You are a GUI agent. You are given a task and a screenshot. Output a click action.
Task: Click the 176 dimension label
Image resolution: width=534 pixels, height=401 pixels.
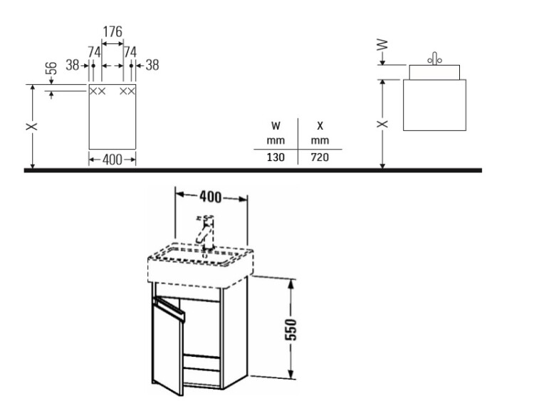[x=112, y=31]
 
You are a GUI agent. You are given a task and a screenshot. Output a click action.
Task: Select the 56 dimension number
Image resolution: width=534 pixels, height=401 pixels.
[x=51, y=68]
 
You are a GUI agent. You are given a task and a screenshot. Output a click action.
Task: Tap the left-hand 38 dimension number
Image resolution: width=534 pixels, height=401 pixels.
[x=72, y=65]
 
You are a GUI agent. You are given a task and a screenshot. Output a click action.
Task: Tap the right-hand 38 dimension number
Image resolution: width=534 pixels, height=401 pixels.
[x=152, y=65]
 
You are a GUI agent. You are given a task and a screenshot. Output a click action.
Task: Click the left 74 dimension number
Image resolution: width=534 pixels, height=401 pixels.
[x=94, y=52]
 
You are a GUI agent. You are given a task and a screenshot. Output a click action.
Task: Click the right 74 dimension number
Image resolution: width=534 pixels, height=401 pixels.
[x=130, y=52]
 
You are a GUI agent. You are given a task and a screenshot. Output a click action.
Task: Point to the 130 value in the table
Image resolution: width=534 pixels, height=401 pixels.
[x=276, y=157]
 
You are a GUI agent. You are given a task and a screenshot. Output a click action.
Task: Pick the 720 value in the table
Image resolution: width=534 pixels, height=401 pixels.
[x=320, y=157]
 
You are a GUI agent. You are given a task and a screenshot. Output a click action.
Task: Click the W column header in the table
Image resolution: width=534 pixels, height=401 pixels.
[x=276, y=126]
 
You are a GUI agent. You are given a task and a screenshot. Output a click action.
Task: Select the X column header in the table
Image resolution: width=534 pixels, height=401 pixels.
[x=320, y=126]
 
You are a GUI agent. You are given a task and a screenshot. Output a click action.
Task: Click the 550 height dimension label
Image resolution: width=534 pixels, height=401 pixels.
[x=290, y=330]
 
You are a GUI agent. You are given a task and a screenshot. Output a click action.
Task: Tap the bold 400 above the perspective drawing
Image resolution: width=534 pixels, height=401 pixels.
[x=210, y=197]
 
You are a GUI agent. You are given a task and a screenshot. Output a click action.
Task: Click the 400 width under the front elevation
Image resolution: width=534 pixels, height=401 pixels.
[x=112, y=160]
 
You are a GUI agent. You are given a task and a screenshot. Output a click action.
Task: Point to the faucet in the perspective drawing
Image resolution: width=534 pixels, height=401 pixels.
[x=204, y=233]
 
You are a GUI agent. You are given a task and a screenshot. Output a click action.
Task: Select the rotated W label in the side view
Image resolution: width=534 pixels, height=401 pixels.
[x=382, y=44]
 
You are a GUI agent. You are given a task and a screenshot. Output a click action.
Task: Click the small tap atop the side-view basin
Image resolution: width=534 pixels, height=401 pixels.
[x=434, y=58]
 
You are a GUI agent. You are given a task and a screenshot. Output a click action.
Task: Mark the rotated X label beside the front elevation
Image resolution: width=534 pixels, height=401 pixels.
[x=31, y=126]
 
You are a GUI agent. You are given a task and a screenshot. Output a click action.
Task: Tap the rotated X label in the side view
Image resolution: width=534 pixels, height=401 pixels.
[x=382, y=124]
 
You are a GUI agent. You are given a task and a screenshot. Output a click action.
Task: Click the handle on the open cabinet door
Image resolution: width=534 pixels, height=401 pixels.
[x=170, y=308]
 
